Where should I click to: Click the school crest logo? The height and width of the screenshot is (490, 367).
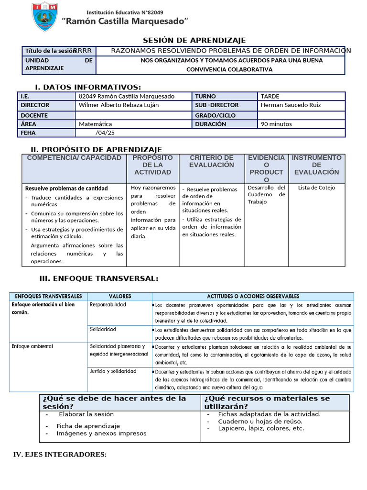click(45, 18)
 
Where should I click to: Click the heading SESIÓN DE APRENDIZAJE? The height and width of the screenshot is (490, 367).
click(194, 40)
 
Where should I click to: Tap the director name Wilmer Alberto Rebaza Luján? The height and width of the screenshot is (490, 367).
click(119, 105)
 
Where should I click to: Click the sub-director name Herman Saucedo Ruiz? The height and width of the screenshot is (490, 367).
click(291, 105)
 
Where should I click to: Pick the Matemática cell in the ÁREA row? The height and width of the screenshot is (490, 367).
click(96, 124)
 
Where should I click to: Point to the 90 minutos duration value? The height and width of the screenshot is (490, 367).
click(276, 124)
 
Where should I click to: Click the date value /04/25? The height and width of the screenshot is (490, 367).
click(105, 133)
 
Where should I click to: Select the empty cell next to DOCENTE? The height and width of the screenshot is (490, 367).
click(133, 115)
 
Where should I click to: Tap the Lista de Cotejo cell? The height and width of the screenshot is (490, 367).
click(316, 188)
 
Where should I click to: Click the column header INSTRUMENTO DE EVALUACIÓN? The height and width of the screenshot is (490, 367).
click(316, 165)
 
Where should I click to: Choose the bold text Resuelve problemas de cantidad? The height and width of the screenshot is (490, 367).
click(66, 189)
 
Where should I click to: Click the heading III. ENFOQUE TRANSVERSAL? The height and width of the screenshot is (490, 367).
click(98, 279)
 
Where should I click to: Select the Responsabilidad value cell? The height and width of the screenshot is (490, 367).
click(108, 305)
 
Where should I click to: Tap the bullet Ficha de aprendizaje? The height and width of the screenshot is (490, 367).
click(88, 426)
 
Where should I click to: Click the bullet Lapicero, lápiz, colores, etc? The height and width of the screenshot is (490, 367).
click(261, 429)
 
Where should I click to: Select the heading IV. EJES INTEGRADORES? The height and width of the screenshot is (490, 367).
click(60, 455)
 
